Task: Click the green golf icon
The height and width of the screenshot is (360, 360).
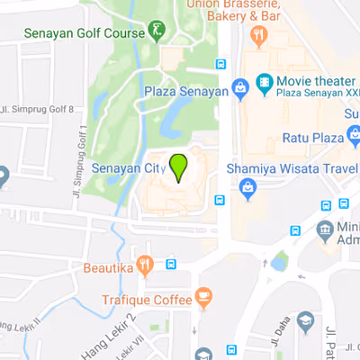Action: coord(157,32)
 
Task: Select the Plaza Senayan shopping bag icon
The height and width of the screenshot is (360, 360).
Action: coord(239,88)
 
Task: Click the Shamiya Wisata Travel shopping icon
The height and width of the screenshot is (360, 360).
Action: coord(247,186)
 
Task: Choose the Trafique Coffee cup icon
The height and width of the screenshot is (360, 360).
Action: coord(204,296)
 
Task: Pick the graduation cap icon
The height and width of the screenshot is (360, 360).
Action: coord(306,321)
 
